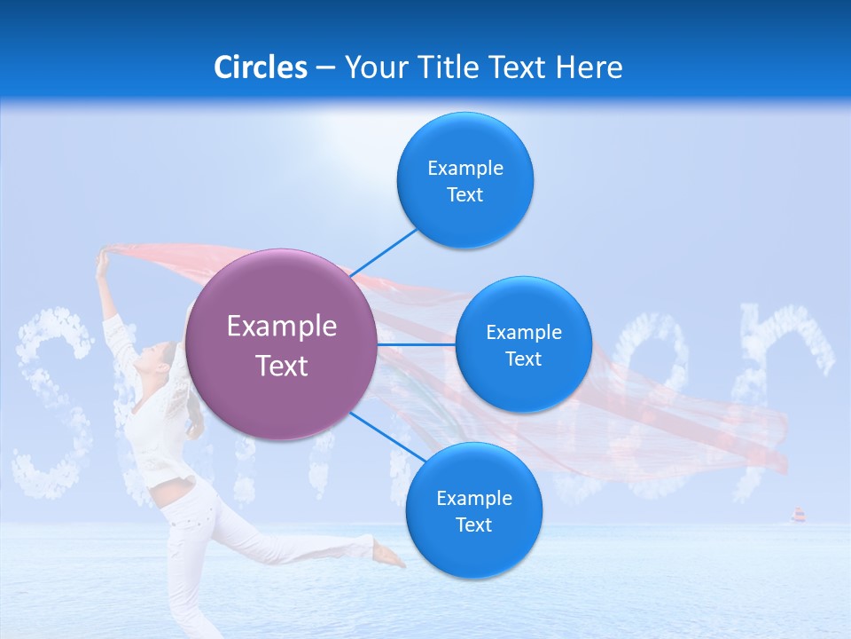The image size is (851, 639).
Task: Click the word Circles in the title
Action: tap(260, 67)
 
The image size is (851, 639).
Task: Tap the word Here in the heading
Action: tap(589, 67)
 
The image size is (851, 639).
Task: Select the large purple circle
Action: tap(281, 344)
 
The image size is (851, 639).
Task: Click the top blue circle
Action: tap(465, 180)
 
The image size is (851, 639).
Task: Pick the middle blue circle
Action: tap(523, 344)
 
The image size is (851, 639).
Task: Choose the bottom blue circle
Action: tap(473, 510)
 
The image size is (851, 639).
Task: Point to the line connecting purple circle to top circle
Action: tap(385, 252)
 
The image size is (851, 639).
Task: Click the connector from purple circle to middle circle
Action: tap(417, 343)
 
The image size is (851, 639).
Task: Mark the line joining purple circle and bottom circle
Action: tap(388, 437)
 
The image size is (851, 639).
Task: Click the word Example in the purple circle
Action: tap(281, 327)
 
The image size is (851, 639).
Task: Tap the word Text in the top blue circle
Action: tap(465, 194)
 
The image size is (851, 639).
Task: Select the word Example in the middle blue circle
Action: tap(523, 332)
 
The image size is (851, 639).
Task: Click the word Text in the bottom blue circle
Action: tap(473, 525)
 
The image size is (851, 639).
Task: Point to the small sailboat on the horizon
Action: tap(798, 515)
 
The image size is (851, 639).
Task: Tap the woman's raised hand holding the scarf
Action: tap(103, 258)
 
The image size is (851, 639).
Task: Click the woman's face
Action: tap(160, 359)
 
